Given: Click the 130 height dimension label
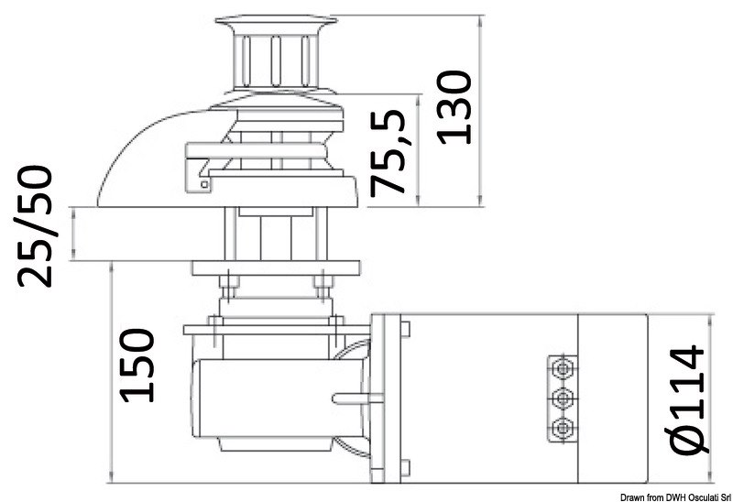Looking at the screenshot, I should click(455, 106).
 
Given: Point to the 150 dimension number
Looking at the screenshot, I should click(137, 365).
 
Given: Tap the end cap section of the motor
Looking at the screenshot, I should click(613, 398).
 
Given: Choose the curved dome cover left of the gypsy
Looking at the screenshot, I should click(147, 156).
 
